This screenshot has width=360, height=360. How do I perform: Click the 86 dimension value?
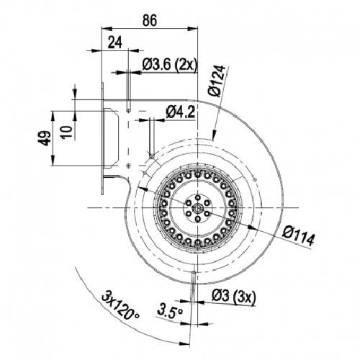(150, 20)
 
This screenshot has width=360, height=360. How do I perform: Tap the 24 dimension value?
(115, 42)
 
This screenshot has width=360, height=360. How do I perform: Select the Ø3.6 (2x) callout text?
(169, 65)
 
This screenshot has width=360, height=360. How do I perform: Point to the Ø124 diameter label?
(217, 81)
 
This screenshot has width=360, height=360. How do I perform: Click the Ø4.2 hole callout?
(180, 112)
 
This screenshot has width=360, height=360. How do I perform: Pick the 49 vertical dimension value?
(45, 138)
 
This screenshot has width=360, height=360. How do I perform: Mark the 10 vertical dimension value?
(66, 132)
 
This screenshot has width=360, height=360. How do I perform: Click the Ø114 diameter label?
(298, 237)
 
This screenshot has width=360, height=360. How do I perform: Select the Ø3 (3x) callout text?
(234, 297)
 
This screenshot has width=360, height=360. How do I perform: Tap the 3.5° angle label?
(170, 311)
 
